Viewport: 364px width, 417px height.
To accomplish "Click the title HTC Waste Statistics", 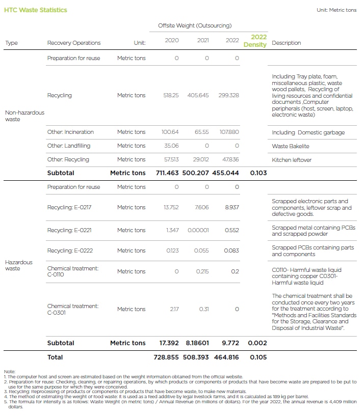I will tap(35, 10).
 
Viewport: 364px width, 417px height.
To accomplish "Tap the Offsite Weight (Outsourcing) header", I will tap(194, 25).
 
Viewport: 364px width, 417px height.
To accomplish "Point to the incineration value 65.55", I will tap(201, 132).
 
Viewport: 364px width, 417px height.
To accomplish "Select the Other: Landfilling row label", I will tap(69, 146).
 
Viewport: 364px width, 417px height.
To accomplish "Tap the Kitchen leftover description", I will tap(292, 160).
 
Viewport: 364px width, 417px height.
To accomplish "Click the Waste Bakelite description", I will tap(291, 146).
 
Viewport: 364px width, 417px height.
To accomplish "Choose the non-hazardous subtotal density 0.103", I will tap(258, 173).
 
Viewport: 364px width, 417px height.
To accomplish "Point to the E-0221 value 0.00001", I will tap(198, 230).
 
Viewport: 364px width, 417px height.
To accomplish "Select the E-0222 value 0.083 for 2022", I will tap(231, 251).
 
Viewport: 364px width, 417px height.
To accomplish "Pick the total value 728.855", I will tap(166, 357).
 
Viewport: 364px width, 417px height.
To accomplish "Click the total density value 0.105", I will tap(258, 357).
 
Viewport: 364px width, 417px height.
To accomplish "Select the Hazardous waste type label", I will tap(19, 265).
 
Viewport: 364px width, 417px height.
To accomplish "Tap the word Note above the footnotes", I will tap(10, 371).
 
